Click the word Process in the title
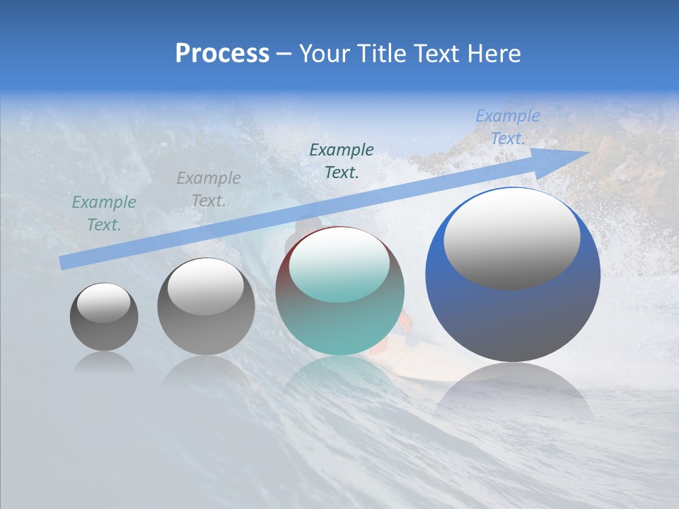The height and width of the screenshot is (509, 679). pyautogui.click(x=222, y=54)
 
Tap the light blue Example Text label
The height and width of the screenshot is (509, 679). pyautogui.click(x=507, y=127)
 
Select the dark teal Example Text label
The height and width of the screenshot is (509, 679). pyautogui.click(x=342, y=160)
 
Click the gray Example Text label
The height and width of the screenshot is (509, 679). pyautogui.click(x=209, y=189)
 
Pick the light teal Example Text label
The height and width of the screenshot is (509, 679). pyautogui.click(x=104, y=213)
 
